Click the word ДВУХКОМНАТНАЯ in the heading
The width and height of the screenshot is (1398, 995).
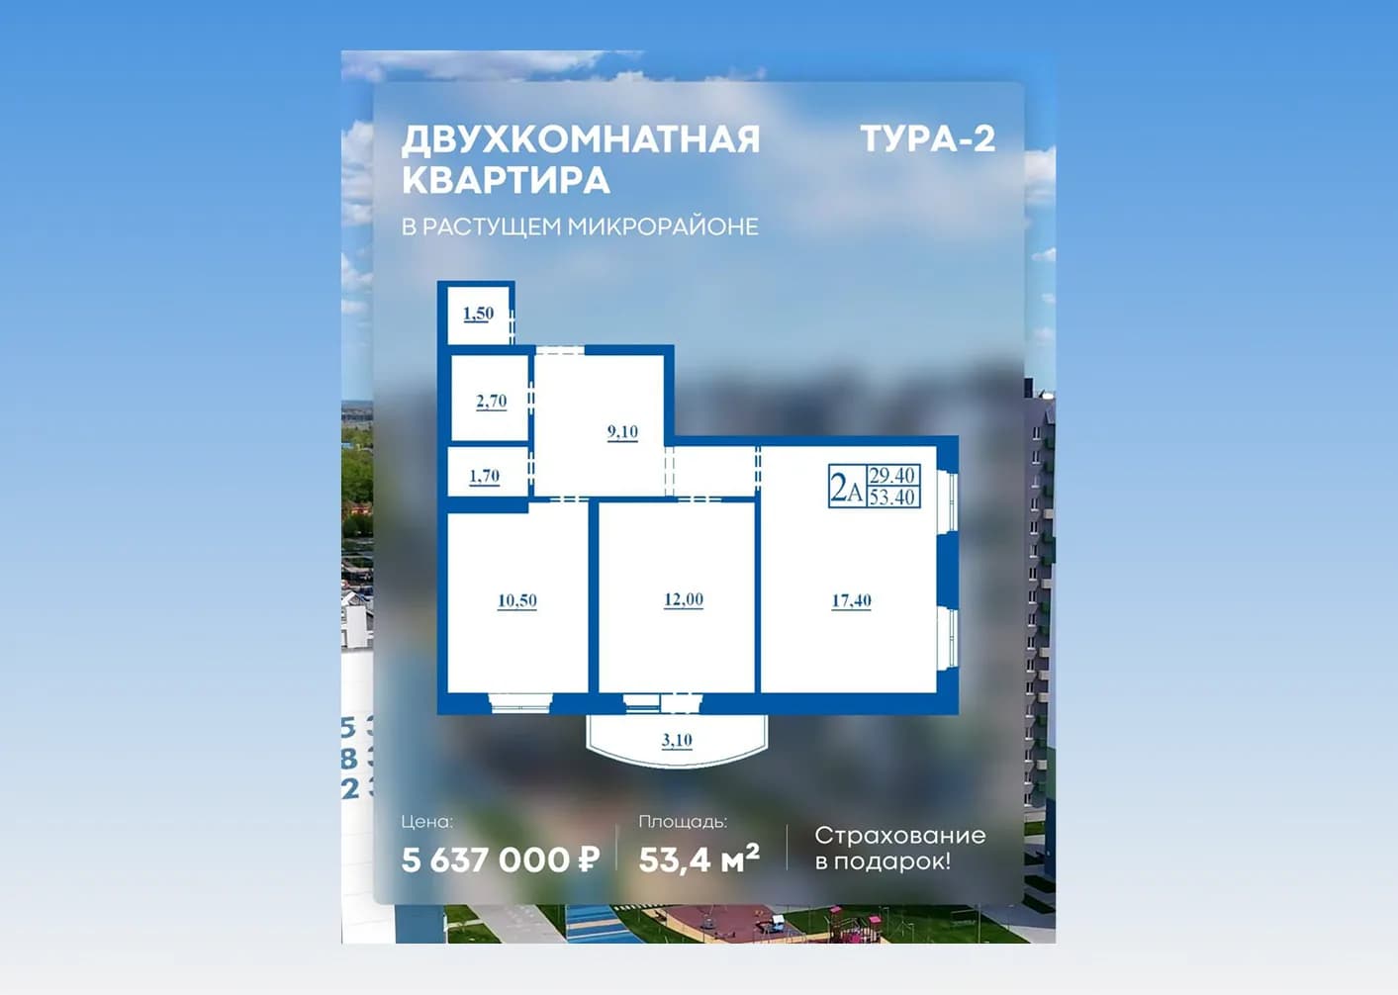point(581,139)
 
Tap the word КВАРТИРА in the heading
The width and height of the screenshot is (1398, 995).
point(506,180)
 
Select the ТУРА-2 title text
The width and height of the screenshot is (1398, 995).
point(928,138)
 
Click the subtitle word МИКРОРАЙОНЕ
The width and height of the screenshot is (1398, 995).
point(663,226)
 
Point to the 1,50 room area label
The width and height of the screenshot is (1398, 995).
point(479,314)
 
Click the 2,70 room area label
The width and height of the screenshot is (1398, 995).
point(491,401)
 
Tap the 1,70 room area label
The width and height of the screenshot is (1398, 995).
point(485,477)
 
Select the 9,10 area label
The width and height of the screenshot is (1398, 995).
point(623,431)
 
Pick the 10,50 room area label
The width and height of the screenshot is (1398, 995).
point(517,600)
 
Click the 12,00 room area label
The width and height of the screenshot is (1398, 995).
point(684,599)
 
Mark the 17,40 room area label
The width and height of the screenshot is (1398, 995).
point(851,600)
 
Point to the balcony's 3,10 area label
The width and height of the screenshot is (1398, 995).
point(677,740)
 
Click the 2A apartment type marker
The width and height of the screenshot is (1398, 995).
point(847,487)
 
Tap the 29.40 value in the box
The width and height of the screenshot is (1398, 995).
point(892,476)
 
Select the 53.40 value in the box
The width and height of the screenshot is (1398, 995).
point(892,497)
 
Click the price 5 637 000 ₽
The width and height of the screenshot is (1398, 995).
point(501,859)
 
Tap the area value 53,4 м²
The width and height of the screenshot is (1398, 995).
point(699,859)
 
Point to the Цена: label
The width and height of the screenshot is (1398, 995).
point(426,822)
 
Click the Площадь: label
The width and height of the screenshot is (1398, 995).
point(683,822)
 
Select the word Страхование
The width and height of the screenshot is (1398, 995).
point(900,836)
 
